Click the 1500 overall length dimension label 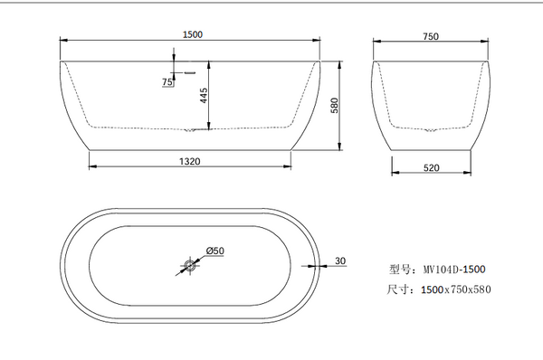tap(193, 34)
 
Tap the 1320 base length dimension tap(190, 161)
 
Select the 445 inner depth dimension tap(204, 95)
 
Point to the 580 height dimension tap(335, 105)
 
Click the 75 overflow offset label tap(167, 82)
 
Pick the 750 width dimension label tap(431, 36)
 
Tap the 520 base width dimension tap(431, 168)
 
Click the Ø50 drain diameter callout tap(215, 251)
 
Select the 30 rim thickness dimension tap(340, 261)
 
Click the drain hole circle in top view tap(190, 266)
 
